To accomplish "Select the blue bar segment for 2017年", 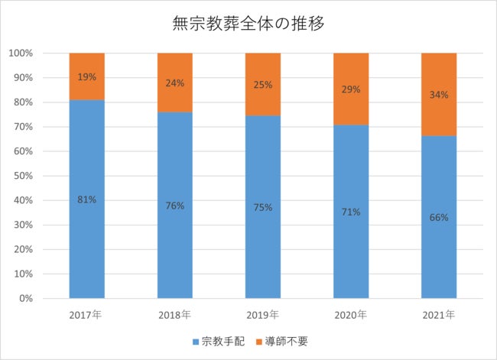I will [x=86, y=229].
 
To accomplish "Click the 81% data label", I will [x=86, y=199].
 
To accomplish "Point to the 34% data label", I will [x=439, y=95].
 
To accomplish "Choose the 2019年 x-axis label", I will [x=263, y=314].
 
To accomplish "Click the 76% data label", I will [x=175, y=205].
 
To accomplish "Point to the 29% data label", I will [x=351, y=89].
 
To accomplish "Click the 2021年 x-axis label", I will [x=439, y=314].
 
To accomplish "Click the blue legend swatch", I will [x=196, y=341].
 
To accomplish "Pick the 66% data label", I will [x=439, y=217].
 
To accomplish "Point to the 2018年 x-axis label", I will [x=175, y=314].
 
